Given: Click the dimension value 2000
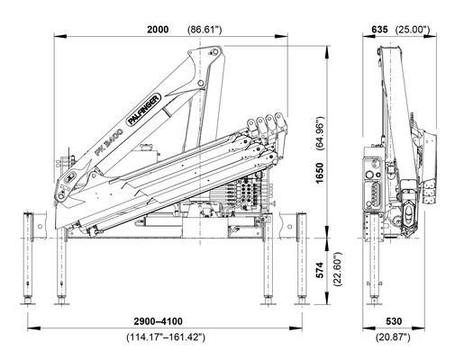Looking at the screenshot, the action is point(158,30).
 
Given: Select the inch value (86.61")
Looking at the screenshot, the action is point(205,30).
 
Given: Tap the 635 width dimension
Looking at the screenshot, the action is point(379,30).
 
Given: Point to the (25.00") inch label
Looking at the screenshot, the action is point(413,30).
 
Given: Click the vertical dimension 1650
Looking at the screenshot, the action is point(320,173).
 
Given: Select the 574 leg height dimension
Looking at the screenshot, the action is point(320,270).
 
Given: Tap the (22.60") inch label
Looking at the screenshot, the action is point(338,269).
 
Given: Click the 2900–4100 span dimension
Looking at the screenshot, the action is point(158,321).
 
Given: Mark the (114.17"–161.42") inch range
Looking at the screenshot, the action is point(166,337).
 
